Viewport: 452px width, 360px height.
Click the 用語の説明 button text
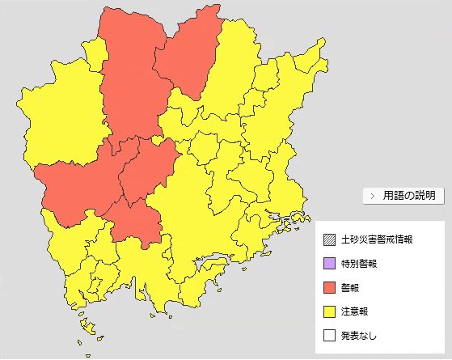point(409,196)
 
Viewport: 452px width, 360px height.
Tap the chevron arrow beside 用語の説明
point(372,196)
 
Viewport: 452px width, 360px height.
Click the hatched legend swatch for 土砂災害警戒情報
point(328,240)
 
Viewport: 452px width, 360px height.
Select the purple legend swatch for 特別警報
point(328,264)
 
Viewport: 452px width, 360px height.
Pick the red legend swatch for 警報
point(328,287)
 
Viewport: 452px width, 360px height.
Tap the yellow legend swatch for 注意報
point(328,311)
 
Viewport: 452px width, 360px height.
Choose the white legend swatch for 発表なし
point(328,334)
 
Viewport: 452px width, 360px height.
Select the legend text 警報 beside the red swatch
point(351,287)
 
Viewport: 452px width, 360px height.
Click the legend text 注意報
point(355,311)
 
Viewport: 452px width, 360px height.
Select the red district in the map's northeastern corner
point(188,53)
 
